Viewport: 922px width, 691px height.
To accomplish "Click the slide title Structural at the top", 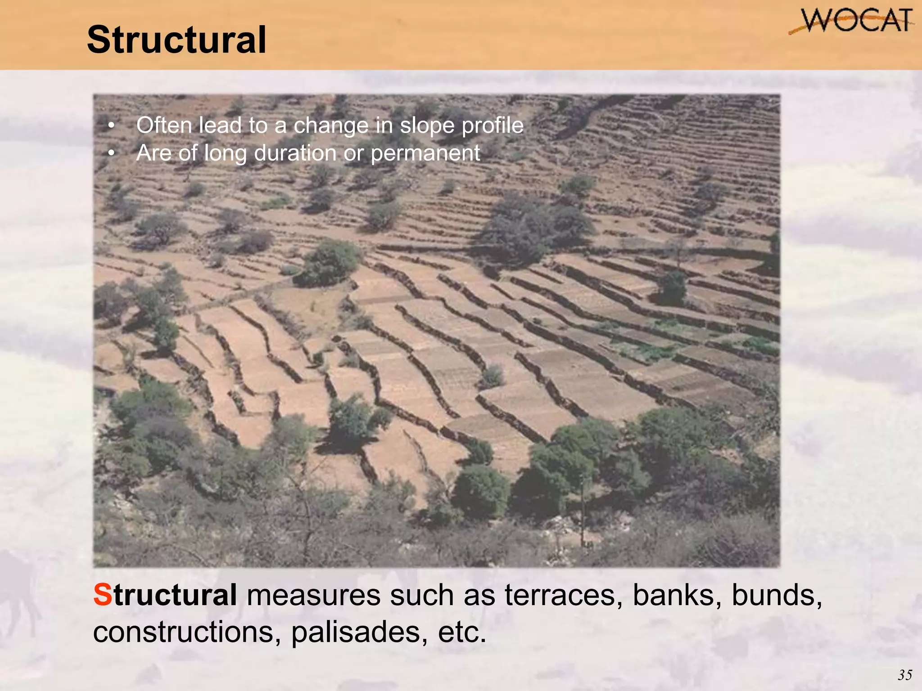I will coord(176,40).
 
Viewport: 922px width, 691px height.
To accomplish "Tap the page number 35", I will coord(905,675).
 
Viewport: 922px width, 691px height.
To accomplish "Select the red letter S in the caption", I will coord(102,595).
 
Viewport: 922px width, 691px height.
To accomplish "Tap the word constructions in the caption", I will coord(187,632).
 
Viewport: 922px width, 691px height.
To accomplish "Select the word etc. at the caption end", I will coord(462,632).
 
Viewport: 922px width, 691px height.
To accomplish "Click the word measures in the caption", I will coord(313,595).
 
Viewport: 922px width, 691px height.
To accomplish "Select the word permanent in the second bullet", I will coord(425,153).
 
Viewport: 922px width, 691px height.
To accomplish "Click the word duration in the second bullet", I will coord(295,153).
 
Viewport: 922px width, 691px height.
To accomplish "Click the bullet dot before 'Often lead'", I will coord(112,126).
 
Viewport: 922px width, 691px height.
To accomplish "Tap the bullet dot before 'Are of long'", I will coord(112,153).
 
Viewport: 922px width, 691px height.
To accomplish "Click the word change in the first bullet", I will coord(331,126).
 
